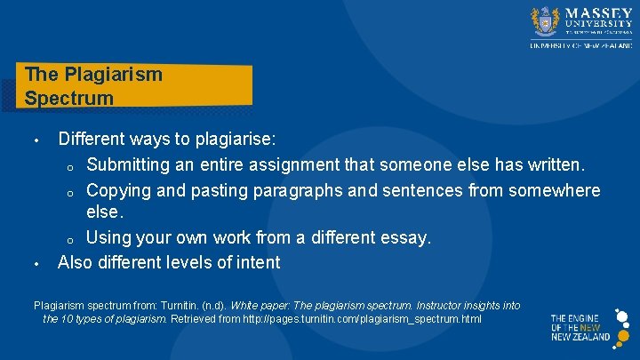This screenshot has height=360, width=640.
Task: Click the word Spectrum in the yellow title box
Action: click(x=69, y=98)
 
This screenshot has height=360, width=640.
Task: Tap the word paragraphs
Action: click(x=287, y=190)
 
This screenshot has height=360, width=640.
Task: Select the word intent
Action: click(x=257, y=261)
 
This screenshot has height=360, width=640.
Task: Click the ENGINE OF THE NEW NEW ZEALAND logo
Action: click(x=580, y=327)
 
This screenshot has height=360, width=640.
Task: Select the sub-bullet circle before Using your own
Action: click(x=68, y=238)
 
